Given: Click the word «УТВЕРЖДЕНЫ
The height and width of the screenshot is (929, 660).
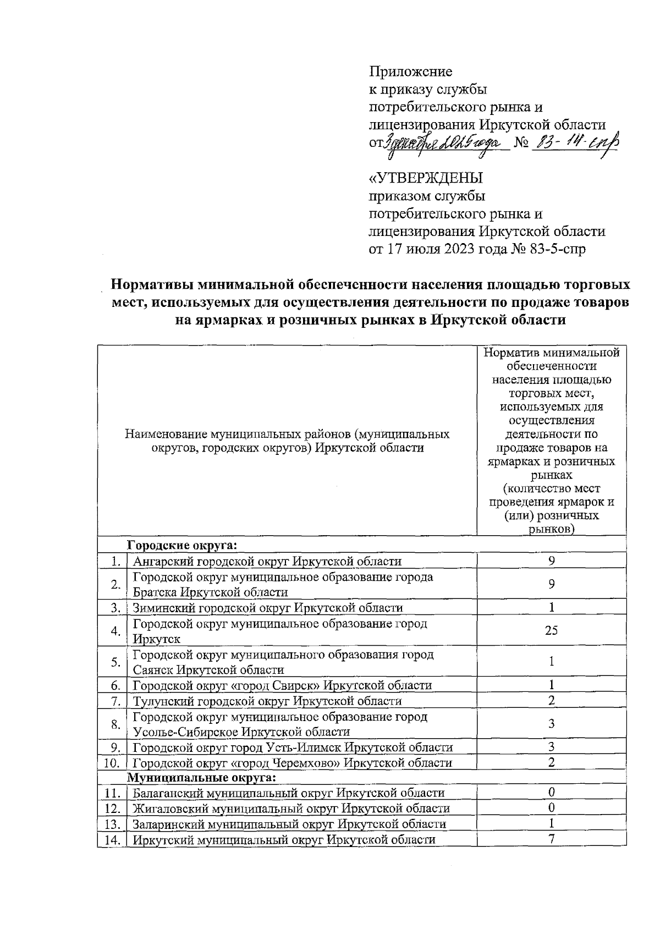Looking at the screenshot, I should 426,178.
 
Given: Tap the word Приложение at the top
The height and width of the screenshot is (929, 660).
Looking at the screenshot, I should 410,72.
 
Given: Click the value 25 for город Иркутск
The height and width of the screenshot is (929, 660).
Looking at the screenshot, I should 551,631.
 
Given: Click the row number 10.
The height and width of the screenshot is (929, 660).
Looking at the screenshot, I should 112,763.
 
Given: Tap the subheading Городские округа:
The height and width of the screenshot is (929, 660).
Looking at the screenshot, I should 182,546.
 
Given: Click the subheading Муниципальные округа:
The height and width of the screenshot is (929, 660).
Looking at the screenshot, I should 201,778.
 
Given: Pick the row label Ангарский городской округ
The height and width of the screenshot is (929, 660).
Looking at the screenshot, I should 267,562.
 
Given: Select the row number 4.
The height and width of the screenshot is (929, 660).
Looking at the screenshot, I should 115,631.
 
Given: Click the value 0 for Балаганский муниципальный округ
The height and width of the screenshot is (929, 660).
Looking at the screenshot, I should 551,793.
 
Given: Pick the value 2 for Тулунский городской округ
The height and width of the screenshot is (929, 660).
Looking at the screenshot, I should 551,701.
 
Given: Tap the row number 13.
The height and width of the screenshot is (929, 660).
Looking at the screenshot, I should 112,824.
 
